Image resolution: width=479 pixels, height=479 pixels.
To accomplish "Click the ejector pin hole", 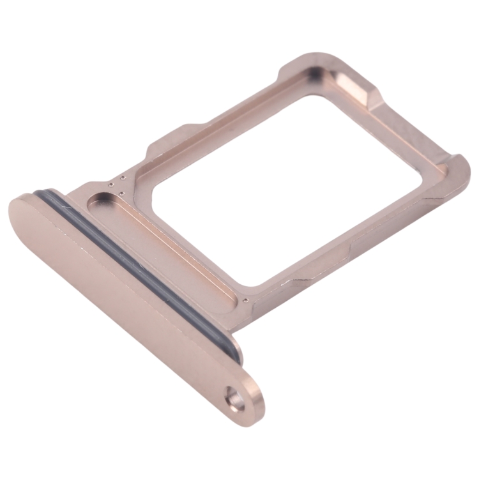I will [x=238, y=402].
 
